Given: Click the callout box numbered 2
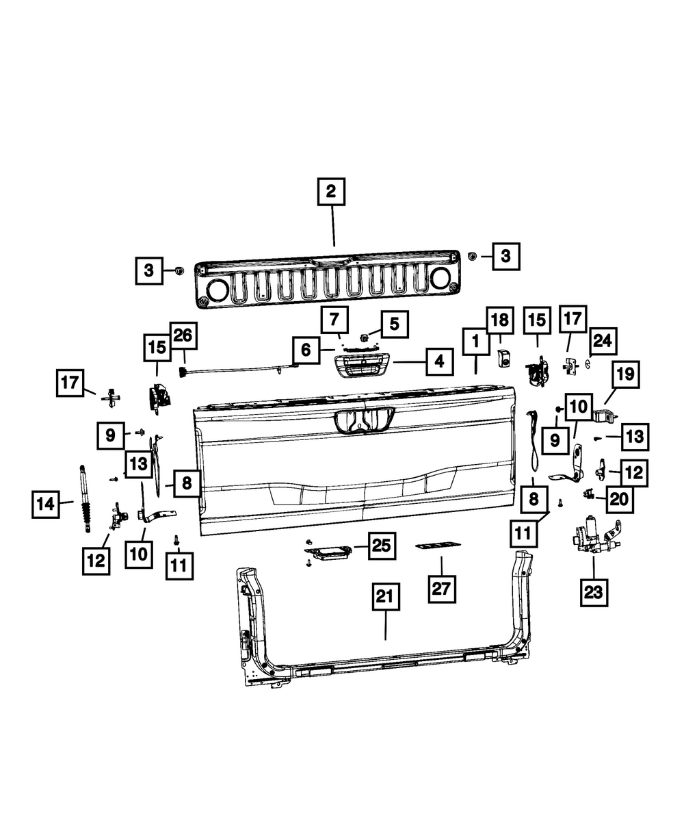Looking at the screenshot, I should tap(331, 192).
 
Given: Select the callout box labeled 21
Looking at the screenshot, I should tap(385, 599).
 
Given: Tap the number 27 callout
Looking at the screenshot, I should tap(441, 588).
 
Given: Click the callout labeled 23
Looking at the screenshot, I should tap(594, 591).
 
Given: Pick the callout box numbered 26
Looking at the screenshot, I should tap(184, 337).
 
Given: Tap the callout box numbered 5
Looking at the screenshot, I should tap(394, 324).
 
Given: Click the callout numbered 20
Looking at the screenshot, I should tap(618, 500).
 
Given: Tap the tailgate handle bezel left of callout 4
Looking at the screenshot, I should tap(363, 367).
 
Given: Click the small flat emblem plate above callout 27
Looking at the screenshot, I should tap(438, 546).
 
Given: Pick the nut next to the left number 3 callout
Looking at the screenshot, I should tap(176, 270).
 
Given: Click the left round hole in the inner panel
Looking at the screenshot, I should tap(218, 291).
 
